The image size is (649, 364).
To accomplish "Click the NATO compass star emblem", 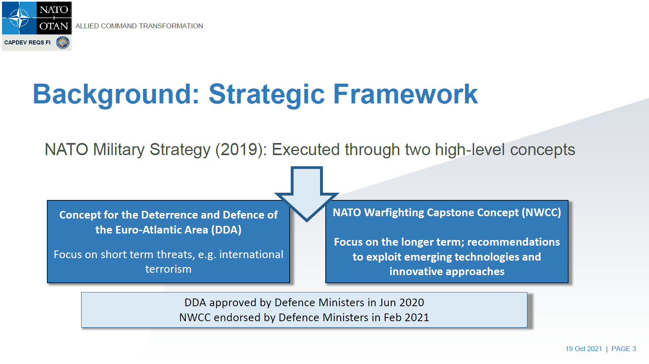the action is click(x=19, y=18).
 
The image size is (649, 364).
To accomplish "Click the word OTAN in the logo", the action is click(x=54, y=26).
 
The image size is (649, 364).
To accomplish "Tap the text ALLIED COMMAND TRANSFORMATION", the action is click(x=139, y=26).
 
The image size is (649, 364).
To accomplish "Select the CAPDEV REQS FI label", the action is click(x=27, y=42).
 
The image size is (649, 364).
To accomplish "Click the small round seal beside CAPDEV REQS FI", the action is click(x=63, y=43).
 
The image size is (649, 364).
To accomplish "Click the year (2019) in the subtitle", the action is click(x=240, y=150).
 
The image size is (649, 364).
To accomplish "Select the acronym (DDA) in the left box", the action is click(x=226, y=230).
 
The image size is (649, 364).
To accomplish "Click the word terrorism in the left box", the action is click(x=169, y=269).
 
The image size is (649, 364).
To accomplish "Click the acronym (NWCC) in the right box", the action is click(x=541, y=213).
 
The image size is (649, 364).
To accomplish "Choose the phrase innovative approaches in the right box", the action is click(x=447, y=271).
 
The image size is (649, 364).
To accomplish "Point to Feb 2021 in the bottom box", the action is click(x=406, y=318).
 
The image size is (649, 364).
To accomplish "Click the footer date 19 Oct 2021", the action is click(x=584, y=349).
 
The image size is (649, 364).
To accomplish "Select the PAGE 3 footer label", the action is click(x=624, y=349).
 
